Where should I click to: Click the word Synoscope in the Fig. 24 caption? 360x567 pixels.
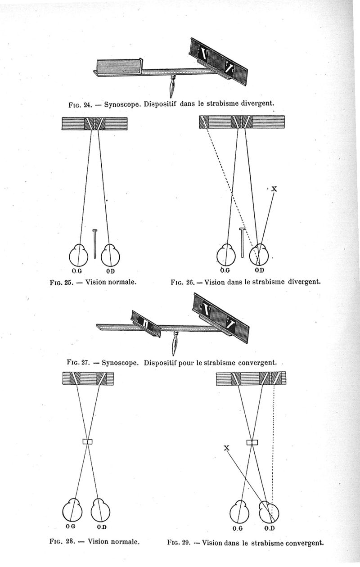pos(122,104)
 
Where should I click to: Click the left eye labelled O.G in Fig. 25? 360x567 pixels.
pos(78,254)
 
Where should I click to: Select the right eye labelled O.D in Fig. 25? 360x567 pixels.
pos(110,254)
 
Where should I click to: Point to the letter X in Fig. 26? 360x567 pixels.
pos(274,189)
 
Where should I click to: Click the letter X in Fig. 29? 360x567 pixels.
pos(227,448)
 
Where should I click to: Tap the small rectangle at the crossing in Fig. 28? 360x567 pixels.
pos(88,441)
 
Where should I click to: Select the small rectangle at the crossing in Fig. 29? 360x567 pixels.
pos(252,442)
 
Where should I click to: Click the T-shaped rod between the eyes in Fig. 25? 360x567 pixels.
pos(95,244)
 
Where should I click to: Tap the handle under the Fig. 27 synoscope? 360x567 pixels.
pos(175,343)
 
